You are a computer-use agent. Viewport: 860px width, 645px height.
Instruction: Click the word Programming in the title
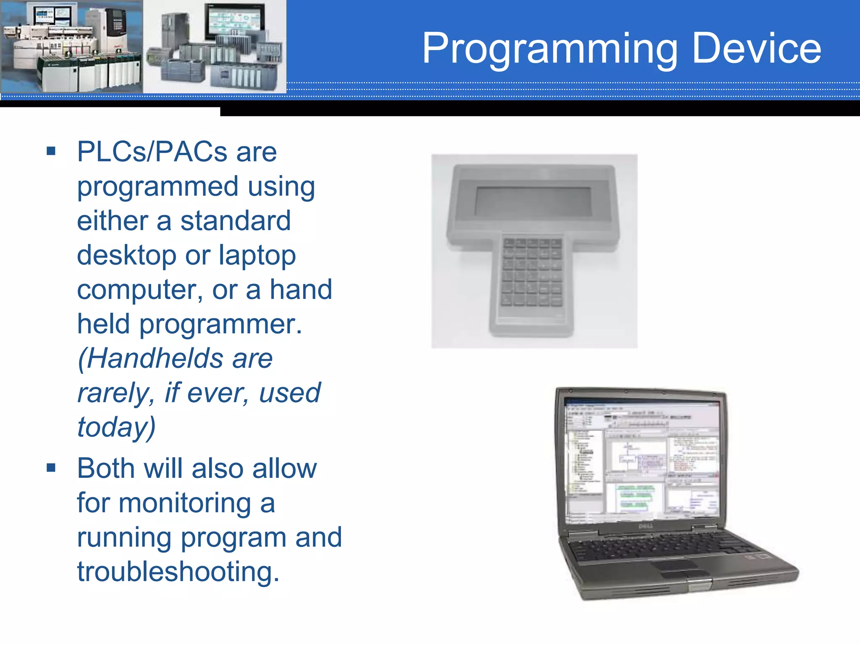550,50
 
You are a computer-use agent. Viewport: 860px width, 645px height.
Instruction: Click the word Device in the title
756,49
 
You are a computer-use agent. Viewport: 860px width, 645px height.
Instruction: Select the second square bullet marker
51,467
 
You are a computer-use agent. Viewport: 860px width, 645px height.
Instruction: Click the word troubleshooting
178,572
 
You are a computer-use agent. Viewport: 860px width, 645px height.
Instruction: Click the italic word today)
116,427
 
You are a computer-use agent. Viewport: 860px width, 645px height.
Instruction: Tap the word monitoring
185,503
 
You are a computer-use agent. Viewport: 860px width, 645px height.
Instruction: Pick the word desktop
126,255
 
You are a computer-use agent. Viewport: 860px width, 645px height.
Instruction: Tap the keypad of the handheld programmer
532,272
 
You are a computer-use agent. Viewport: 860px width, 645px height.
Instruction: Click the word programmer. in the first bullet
220,324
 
